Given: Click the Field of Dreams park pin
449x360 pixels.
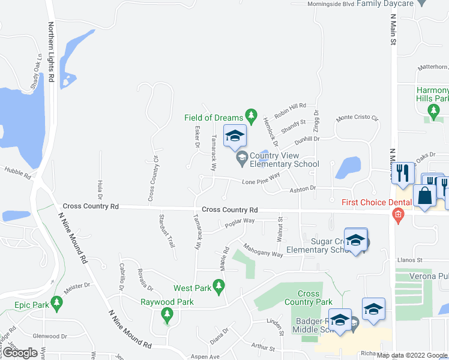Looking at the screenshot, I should (x=252, y=115).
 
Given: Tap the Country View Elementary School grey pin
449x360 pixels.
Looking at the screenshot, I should (x=242, y=158).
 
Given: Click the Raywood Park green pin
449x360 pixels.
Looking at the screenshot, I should (x=167, y=314).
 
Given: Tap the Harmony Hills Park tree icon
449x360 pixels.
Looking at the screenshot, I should (x=433, y=110).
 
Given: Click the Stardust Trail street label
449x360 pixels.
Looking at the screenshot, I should (x=166, y=232).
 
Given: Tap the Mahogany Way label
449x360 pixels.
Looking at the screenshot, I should (x=263, y=250).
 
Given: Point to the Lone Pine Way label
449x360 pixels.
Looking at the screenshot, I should (x=261, y=179).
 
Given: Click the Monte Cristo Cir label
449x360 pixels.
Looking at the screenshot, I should (x=357, y=118).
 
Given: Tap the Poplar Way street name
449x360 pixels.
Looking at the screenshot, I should (x=240, y=223).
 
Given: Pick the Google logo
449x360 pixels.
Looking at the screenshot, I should (x=20, y=353).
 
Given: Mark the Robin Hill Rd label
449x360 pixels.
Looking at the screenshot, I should (x=290, y=109).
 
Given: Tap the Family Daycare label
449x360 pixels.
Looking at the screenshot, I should (x=385, y=4).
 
